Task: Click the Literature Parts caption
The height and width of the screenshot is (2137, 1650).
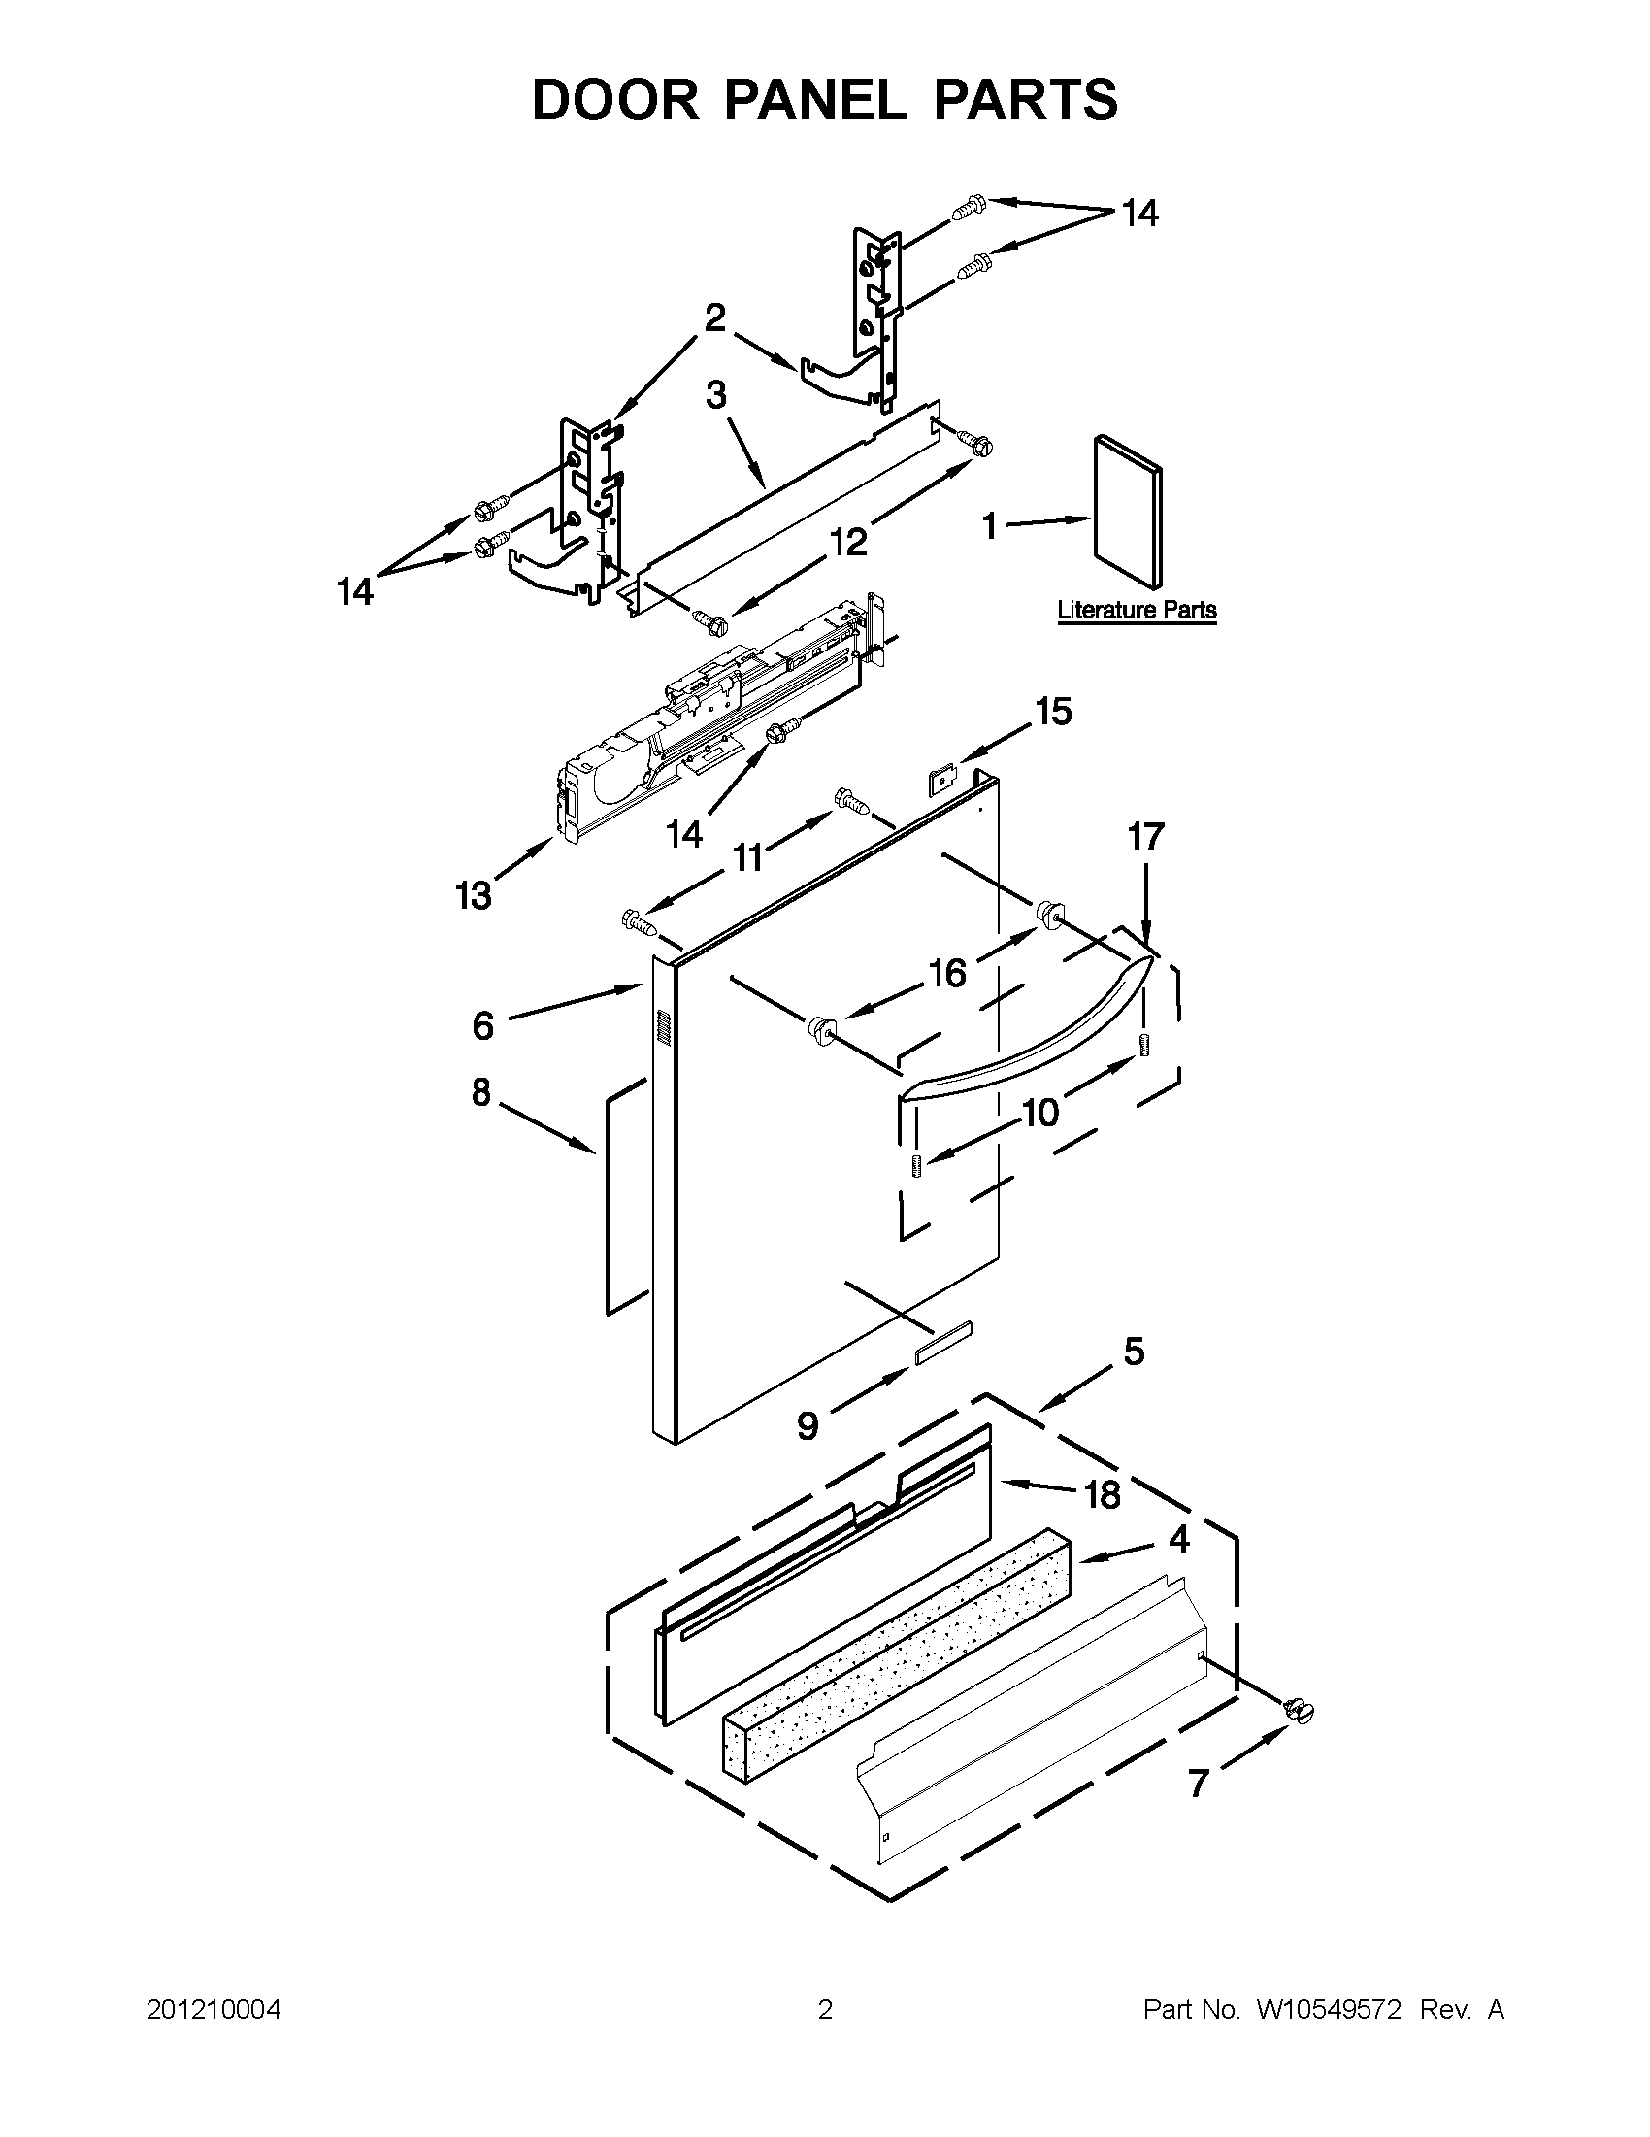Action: point(1137,611)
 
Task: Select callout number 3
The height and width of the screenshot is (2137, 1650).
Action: point(716,396)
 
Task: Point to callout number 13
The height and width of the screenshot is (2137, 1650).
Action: point(474,895)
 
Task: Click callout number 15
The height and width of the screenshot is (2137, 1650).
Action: point(1053,713)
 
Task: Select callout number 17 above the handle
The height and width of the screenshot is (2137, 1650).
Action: point(1145,837)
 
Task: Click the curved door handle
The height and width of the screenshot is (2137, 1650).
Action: point(1017,1040)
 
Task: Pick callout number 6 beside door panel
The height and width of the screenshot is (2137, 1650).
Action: point(482,1025)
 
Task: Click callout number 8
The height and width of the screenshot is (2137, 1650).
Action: point(480,1092)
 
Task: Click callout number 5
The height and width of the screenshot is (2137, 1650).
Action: point(1134,1352)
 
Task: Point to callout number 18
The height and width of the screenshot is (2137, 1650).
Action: point(1103,1494)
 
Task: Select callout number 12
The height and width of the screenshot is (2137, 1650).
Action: point(849,541)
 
